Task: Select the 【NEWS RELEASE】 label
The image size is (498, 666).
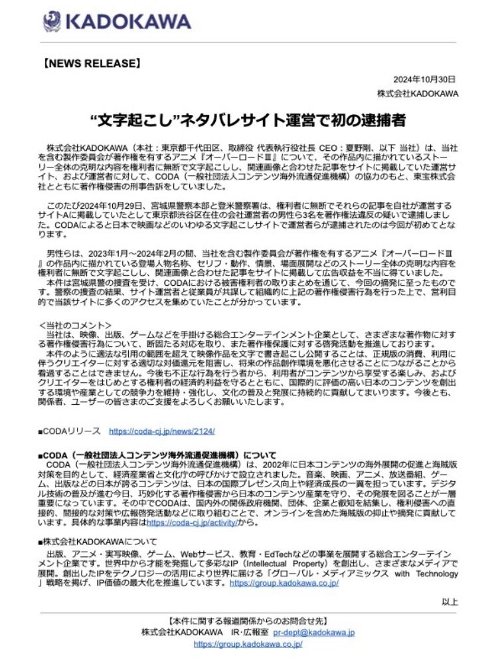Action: pos(92,65)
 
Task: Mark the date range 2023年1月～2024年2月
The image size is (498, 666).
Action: pos(137,255)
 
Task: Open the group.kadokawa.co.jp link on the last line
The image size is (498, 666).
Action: pos(248,644)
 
